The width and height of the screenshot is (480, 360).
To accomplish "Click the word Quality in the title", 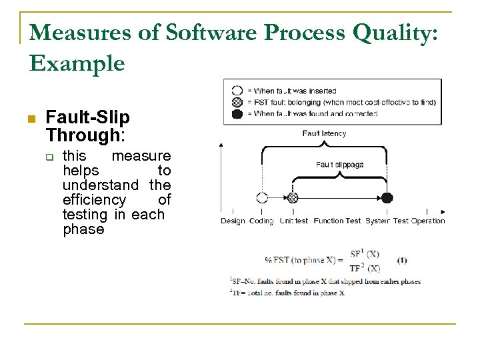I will (x=387, y=33).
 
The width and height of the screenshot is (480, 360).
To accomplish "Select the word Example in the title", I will (x=77, y=63).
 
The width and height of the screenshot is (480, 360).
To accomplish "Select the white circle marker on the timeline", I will (x=261, y=197).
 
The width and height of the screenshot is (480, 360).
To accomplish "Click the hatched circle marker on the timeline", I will (x=291, y=197).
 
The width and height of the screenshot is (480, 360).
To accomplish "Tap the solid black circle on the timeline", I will (x=387, y=197).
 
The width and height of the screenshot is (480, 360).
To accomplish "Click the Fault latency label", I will (x=324, y=133).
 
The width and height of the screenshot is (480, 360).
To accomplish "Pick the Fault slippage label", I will (x=339, y=164).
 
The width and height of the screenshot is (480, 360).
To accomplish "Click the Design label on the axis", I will (x=233, y=221).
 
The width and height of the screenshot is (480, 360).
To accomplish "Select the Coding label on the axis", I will (x=262, y=221).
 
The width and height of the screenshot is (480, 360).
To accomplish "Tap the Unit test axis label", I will (x=294, y=221).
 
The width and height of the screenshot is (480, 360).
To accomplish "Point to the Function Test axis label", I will (x=337, y=221).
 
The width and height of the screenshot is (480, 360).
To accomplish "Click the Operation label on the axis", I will (x=427, y=221).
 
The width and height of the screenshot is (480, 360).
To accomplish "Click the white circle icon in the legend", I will (x=237, y=91).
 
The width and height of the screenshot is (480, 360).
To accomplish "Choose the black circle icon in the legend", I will (x=237, y=113).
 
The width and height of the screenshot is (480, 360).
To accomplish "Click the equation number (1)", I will (x=402, y=259).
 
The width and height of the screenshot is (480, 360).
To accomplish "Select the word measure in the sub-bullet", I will (x=141, y=156).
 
